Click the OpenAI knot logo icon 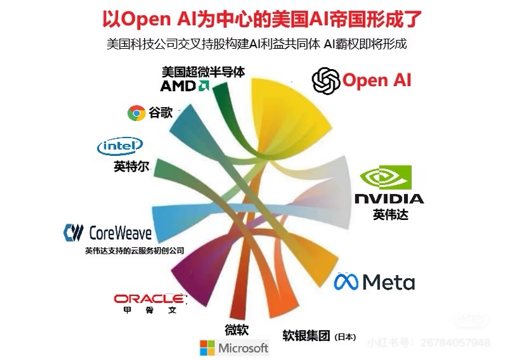(x=325, y=80)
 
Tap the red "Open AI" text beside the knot (x=377, y=80)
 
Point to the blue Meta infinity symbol (x=346, y=281)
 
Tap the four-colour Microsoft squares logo (x=207, y=348)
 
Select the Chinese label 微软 (x=236, y=330)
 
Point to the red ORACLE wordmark (x=149, y=299)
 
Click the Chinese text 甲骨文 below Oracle (x=149, y=311)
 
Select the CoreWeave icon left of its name (x=74, y=232)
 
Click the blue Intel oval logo (x=119, y=147)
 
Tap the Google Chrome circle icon (x=136, y=113)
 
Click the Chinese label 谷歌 (x=161, y=113)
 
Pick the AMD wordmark (x=179, y=86)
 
